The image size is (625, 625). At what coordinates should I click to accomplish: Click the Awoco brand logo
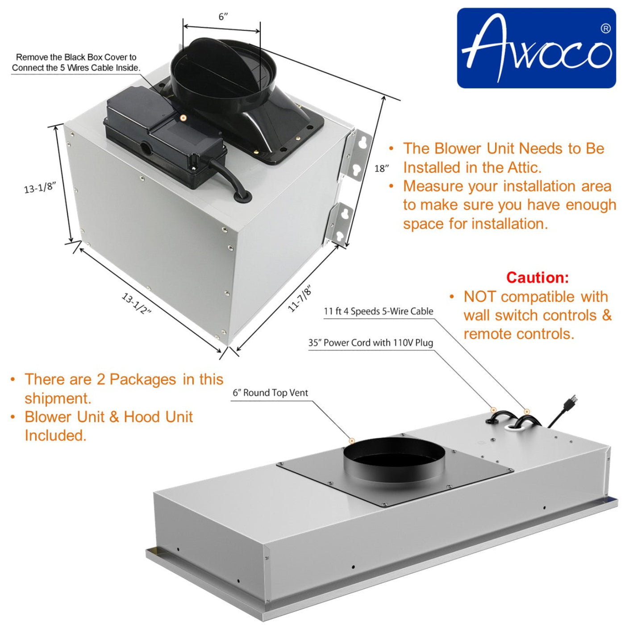pyautogui.click(x=536, y=48)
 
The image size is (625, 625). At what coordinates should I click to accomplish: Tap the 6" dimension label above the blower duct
pyautogui.click(x=223, y=17)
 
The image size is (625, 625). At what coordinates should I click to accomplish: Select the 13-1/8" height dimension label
pyautogui.click(x=40, y=187)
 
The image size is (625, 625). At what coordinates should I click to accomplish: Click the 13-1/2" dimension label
pyautogui.click(x=137, y=304)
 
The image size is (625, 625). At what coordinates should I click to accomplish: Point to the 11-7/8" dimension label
pyautogui.click(x=300, y=298)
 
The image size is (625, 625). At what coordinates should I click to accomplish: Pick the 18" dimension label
pyautogui.click(x=382, y=169)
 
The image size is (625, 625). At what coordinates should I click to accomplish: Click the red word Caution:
pyautogui.click(x=537, y=278)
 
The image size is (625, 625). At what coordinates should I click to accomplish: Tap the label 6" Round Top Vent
pyautogui.click(x=270, y=393)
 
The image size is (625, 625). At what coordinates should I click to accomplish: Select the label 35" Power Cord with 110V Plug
pyautogui.click(x=371, y=343)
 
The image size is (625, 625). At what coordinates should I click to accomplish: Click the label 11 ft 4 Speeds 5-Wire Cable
pyautogui.click(x=378, y=311)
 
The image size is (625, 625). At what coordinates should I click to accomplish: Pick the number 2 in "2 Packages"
pyautogui.click(x=101, y=379)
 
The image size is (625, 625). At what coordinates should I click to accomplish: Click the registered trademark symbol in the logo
pyautogui.click(x=605, y=29)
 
